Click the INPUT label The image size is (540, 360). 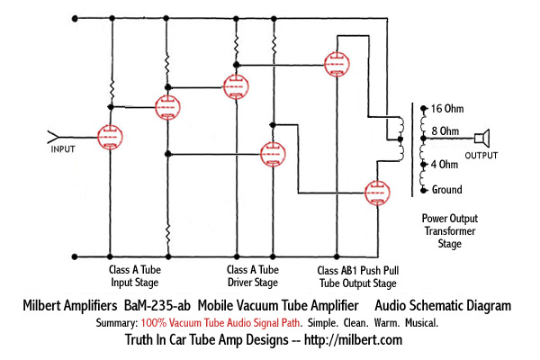tap(63, 148)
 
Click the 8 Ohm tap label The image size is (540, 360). tap(446, 131)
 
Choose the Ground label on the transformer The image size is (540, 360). tap(446, 190)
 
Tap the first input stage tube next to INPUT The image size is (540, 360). tap(110, 138)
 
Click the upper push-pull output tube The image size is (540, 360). tap(339, 65)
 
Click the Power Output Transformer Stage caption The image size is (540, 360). tap(450, 231)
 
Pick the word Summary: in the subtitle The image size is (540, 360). tap(116, 322)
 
